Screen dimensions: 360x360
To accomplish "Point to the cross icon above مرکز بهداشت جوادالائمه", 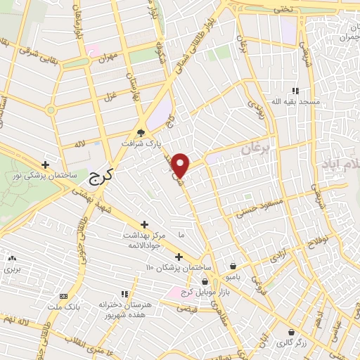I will [144, 224].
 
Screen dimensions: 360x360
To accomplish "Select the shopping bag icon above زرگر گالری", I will [291, 331].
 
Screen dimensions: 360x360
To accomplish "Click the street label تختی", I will [281, 10].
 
